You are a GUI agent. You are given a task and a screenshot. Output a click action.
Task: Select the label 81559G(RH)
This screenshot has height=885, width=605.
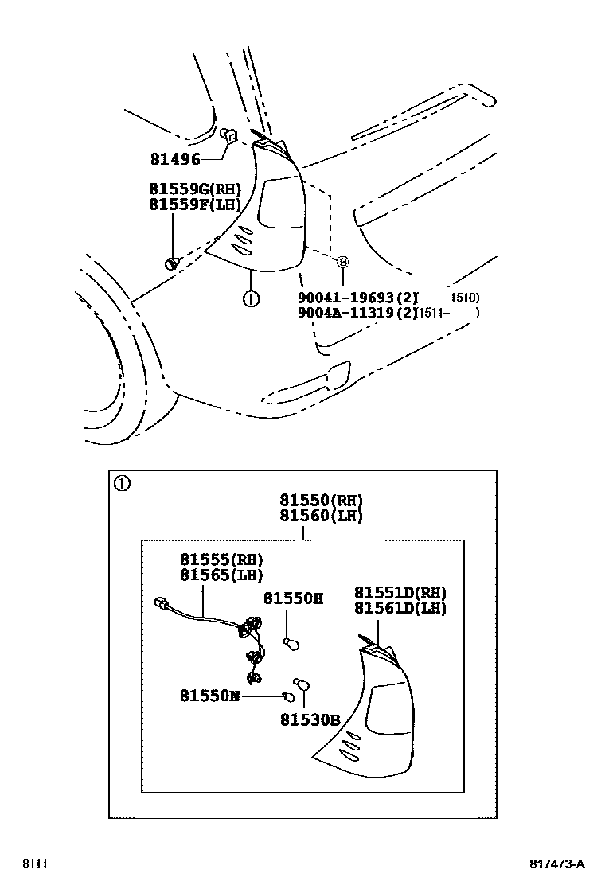(x=194, y=190)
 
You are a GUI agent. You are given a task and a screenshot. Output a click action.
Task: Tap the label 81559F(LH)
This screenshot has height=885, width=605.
(x=194, y=205)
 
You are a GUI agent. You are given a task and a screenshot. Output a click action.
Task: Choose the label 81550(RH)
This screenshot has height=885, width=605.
(x=321, y=501)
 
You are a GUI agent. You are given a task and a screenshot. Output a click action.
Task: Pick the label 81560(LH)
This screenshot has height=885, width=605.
(x=321, y=516)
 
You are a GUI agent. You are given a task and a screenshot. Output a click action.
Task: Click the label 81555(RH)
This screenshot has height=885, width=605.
(x=221, y=559)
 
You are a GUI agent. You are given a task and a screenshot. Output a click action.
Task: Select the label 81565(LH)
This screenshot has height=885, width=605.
(x=221, y=575)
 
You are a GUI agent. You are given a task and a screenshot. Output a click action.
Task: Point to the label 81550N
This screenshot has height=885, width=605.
(x=209, y=696)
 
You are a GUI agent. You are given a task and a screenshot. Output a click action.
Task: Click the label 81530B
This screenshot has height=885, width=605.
(x=310, y=721)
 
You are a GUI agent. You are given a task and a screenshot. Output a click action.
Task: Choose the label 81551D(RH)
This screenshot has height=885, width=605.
(x=400, y=593)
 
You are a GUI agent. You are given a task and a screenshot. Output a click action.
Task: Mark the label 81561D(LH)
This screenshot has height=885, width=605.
(x=400, y=608)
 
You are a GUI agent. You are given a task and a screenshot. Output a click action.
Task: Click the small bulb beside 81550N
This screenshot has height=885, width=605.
(x=289, y=697)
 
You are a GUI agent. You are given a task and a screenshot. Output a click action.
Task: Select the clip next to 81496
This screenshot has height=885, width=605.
(x=228, y=135)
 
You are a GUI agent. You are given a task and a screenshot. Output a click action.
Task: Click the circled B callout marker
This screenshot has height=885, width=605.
(x=343, y=261)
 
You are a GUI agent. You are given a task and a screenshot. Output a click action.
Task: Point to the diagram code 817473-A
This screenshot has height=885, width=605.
(x=556, y=864)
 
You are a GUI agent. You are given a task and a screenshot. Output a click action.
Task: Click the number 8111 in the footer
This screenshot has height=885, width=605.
(x=33, y=864)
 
